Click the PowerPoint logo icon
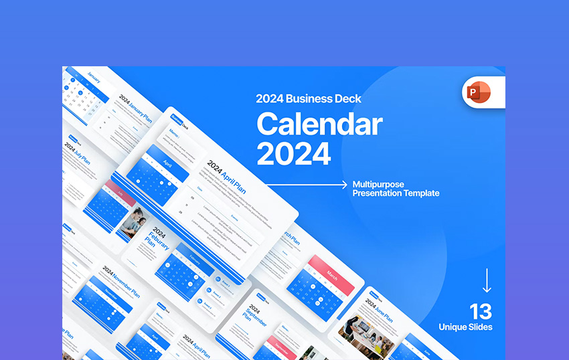pos(477,92)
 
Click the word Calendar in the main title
pos(319,124)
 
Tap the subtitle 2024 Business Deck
pos(309,98)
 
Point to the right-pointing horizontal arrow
pos(305,183)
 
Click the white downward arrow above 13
pos(487,280)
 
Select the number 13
pos(480,311)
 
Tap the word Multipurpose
pos(378,184)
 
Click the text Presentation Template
pos(396,193)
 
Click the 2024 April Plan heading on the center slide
pos(226,176)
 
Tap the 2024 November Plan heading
pos(121,281)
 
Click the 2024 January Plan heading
pos(137,106)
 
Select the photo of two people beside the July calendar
pos(131,221)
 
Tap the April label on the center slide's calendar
pos(166,162)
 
